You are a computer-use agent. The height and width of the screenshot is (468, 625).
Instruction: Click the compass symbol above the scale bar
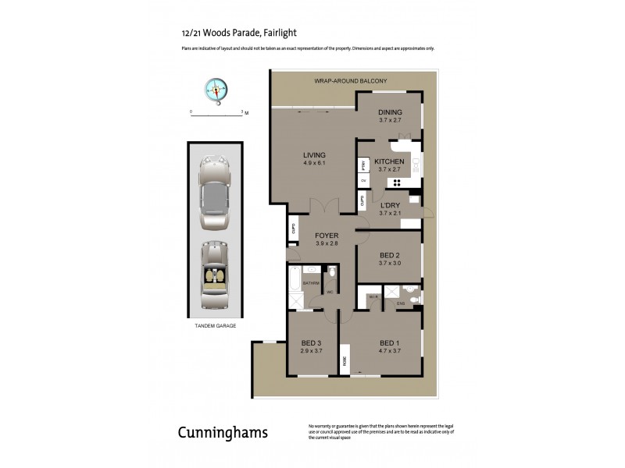(216, 90)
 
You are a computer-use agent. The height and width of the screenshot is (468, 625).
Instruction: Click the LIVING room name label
(314, 155)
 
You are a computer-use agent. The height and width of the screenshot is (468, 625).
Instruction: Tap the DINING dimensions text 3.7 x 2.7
(390, 120)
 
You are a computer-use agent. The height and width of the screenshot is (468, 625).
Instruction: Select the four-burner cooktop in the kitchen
(397, 183)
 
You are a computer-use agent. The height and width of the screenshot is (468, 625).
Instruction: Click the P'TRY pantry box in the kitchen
(363, 165)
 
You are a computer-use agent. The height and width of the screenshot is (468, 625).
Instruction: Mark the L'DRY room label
(390, 205)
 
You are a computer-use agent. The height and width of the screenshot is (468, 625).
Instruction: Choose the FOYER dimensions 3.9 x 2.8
(326, 243)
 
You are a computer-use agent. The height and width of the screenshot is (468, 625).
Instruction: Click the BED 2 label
(390, 256)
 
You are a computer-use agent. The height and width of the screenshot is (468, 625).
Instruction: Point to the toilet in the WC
(333, 271)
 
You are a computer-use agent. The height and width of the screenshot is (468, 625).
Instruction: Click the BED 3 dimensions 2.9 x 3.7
(312, 351)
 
